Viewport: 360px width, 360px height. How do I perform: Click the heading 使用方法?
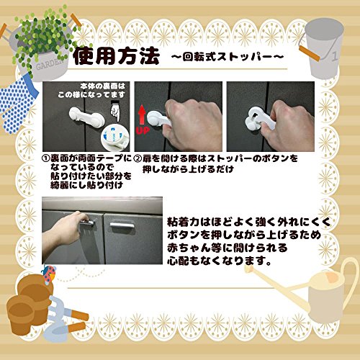tap(116, 56)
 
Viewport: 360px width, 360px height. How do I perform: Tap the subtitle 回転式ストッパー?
tap(228, 57)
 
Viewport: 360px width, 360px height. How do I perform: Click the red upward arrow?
tap(142, 114)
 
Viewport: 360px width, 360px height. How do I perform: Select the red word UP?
tap(143, 130)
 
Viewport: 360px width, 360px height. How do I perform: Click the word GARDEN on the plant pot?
tap(49, 64)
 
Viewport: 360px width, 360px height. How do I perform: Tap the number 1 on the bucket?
tap(335, 57)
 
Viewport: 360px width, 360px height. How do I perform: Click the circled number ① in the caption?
tap(45, 158)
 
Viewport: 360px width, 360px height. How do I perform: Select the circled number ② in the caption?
tap(138, 158)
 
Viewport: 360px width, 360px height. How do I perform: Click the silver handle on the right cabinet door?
tap(122, 225)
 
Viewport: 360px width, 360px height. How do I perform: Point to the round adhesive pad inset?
tap(114, 138)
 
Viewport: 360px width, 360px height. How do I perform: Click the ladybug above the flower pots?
tap(49, 274)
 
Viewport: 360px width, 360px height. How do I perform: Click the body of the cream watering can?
tap(326, 300)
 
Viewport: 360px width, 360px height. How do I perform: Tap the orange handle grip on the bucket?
tap(310, 54)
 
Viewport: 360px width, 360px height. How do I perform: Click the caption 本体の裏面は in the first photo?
tap(103, 86)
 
